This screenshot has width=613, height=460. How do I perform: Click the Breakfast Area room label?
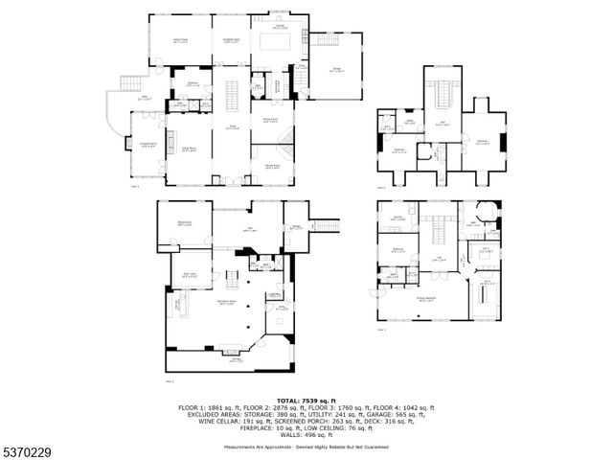click(231, 40)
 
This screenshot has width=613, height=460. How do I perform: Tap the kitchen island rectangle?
click(278, 43)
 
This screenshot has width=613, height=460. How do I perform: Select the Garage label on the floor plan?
click(338, 70)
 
